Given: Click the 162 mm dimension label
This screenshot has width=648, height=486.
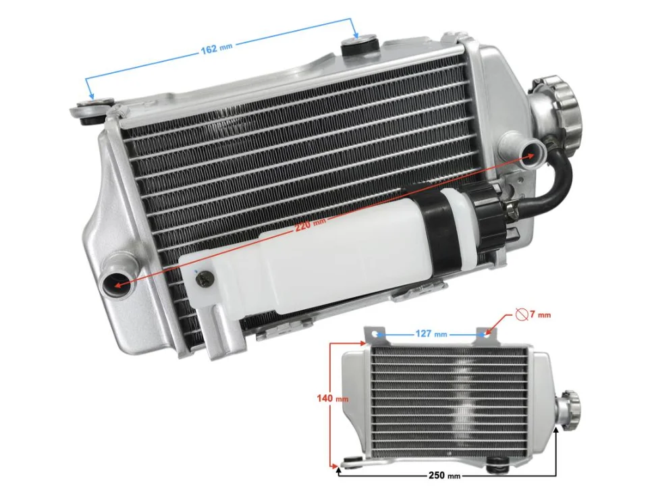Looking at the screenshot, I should click(217, 48).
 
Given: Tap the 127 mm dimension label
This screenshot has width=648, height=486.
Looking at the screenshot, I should click(431, 333).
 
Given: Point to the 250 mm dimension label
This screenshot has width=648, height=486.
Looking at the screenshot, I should click(445, 475).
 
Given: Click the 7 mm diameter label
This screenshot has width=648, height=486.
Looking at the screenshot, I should click(540, 315).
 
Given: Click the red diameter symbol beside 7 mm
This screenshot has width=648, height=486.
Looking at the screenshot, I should click(521, 314).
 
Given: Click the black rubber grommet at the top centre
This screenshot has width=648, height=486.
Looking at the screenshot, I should click(356, 48).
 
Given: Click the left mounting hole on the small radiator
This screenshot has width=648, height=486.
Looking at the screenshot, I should click(379, 333).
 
